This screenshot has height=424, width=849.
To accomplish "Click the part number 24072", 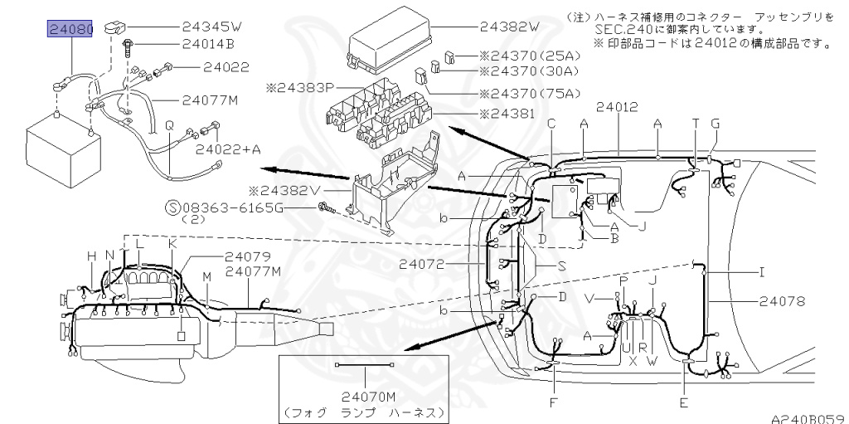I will click(x=424, y=265).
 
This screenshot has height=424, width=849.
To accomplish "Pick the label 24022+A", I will click(x=227, y=150).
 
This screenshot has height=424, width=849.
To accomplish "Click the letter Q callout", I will click(x=169, y=124).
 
